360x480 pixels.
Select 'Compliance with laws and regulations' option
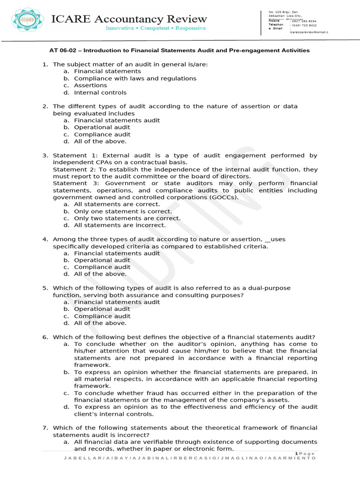pos(135,78)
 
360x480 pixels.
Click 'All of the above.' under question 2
pos(100,141)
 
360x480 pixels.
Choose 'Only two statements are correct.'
pos(127,218)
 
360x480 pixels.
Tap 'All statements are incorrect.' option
pos(120,225)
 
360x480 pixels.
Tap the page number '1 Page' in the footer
pos(306,453)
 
